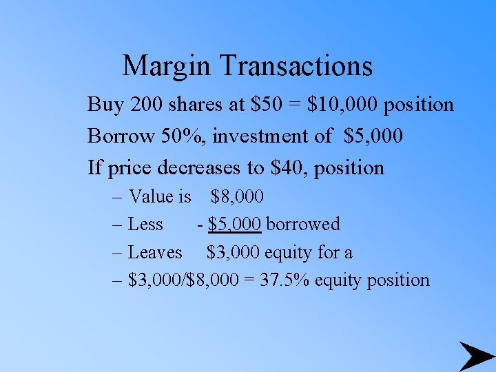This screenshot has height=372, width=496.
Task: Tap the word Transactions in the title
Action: click(297, 66)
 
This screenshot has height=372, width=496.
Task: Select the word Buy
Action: click(105, 105)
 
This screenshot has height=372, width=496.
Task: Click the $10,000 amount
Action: click(343, 105)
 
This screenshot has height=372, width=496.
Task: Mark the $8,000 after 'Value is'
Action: click(237, 197)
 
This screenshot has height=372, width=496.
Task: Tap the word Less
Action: click(145, 225)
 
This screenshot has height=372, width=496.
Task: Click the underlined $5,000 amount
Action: click(234, 225)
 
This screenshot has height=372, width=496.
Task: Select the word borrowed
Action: click(303, 225)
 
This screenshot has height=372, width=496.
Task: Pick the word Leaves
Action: click(155, 253)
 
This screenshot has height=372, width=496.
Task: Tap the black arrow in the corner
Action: click(476, 356)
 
